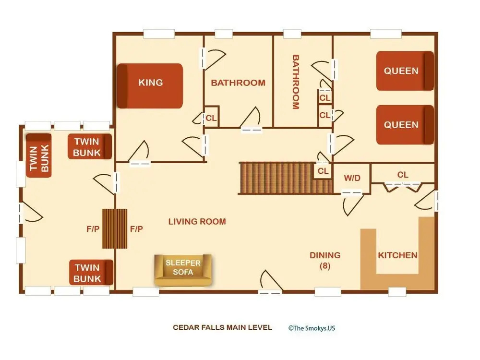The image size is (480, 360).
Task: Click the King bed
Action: [150, 86]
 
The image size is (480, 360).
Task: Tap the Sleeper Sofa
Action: [183, 270]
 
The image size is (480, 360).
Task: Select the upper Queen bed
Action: [405, 71]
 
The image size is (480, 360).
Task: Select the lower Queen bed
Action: [405, 125]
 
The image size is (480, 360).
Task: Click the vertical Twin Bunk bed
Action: [38, 155]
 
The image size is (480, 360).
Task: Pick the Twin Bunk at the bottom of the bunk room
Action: [91, 273]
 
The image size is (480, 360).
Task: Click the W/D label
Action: [352, 178]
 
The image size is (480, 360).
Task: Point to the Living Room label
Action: [197, 221]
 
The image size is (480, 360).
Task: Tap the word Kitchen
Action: [397, 255]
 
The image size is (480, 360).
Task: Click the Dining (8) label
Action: [325, 260]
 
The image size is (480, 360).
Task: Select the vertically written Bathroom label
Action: [295, 82]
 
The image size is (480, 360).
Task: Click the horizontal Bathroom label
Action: [238, 83]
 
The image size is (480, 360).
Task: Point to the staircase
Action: [285, 178]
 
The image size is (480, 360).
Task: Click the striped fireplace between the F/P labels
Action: [115, 228]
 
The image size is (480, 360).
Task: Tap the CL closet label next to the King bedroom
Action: [211, 118]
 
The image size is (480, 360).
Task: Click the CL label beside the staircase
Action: [323, 171]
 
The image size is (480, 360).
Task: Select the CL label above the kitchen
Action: [403, 175]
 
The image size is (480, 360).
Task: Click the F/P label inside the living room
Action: [136, 228]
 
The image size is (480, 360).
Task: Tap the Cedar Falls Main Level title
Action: [222, 327]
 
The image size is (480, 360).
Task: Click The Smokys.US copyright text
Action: [312, 328]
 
